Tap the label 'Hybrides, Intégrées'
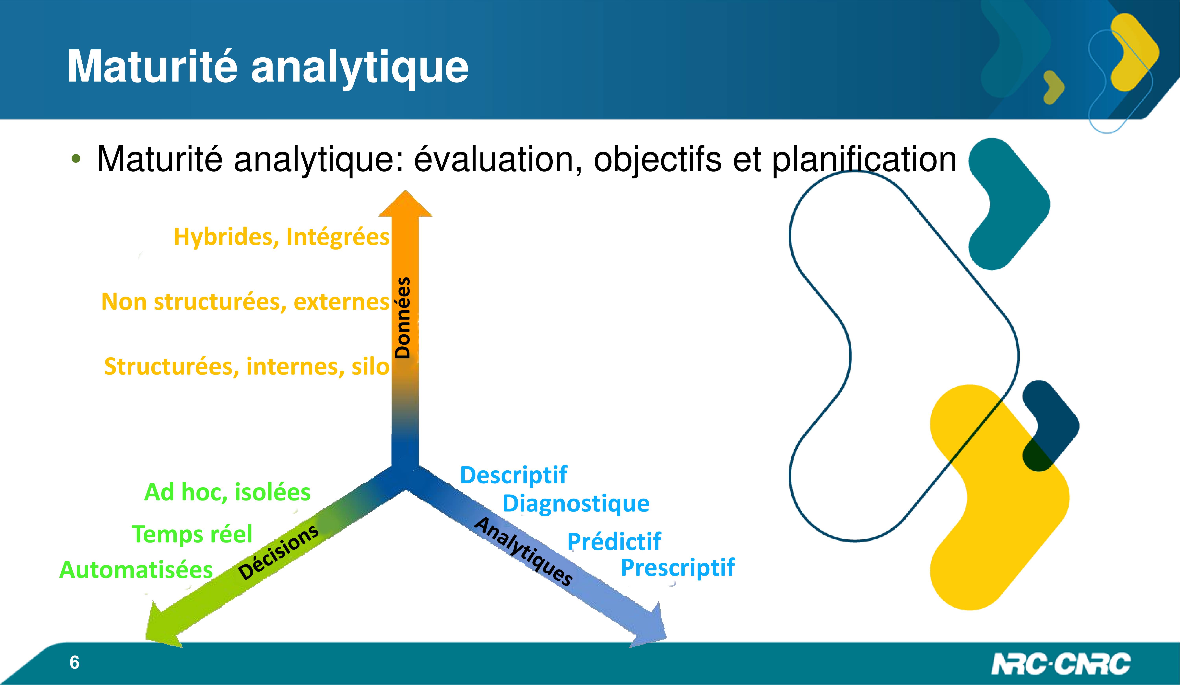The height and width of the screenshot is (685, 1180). coord(281,237)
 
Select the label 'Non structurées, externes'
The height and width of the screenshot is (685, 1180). coord(245,302)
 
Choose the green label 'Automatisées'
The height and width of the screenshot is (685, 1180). coord(136,570)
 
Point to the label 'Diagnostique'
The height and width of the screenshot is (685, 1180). coord(576,504)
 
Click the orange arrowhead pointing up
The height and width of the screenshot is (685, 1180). coord(406,204)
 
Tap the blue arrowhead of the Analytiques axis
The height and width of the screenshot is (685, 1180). coord(651,627)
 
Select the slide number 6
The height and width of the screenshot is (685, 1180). coord(75,663)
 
